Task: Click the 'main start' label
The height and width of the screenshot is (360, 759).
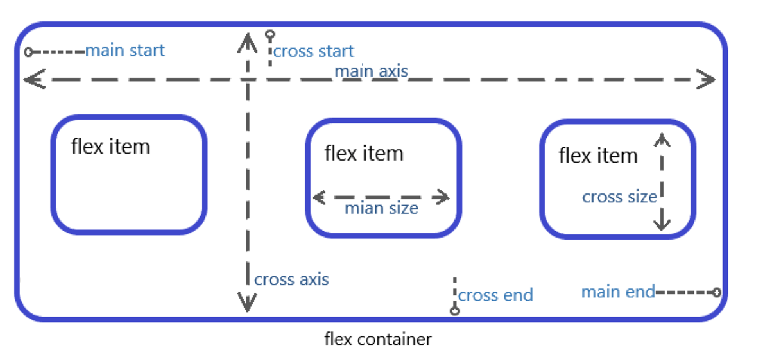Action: tap(124, 51)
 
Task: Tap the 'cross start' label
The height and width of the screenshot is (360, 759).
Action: tap(313, 51)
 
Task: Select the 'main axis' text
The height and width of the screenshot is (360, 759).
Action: tap(371, 72)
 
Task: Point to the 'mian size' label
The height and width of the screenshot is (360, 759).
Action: tap(381, 208)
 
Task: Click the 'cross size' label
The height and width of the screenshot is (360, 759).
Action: tap(619, 197)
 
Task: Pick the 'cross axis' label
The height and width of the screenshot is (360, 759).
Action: tap(291, 279)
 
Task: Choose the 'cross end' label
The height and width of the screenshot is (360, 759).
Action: tap(495, 295)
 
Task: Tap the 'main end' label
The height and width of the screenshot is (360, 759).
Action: tap(618, 291)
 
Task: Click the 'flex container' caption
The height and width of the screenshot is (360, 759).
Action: tap(378, 339)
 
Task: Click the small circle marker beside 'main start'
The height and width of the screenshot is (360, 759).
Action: tap(29, 52)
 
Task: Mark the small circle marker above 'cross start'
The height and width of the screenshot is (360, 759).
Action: tap(269, 34)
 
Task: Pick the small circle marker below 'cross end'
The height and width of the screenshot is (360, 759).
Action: tap(454, 310)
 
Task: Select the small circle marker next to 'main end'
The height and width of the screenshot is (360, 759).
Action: tap(716, 292)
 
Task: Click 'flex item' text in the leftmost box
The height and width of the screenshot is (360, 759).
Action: tap(110, 146)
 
